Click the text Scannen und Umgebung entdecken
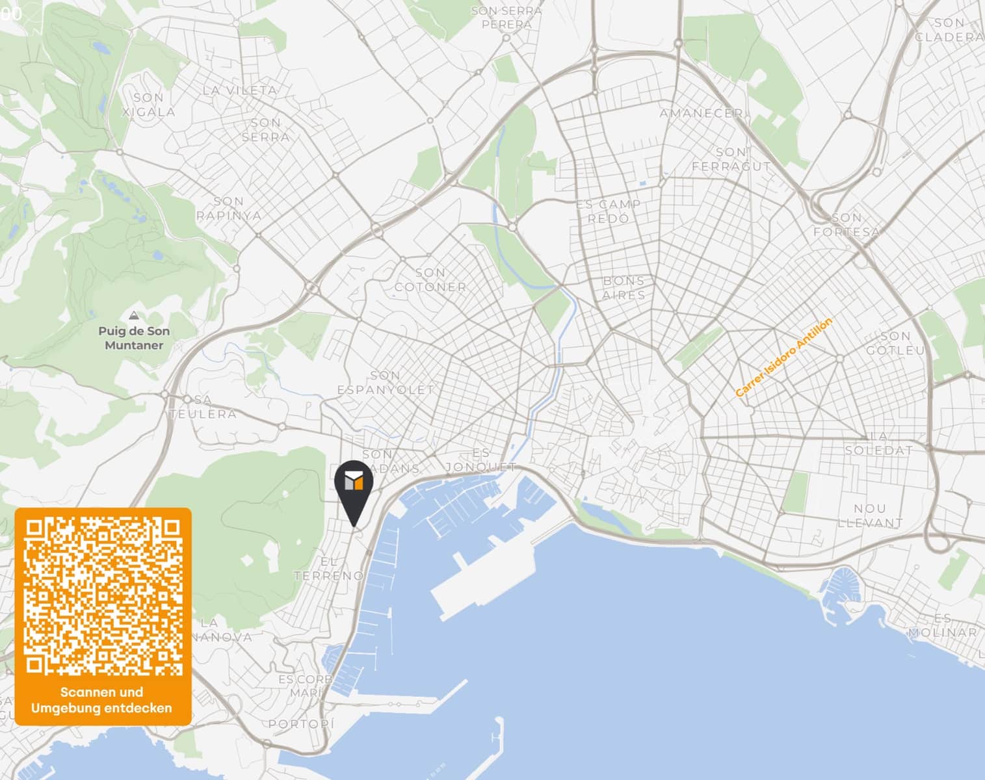point(102,700)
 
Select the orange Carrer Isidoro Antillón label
point(783,357)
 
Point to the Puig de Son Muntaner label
point(134,338)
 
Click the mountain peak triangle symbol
point(134,316)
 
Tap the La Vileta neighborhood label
point(239,90)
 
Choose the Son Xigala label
point(149,105)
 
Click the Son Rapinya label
point(229,209)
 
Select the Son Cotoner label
point(430,279)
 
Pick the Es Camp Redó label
point(609,211)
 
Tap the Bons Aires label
point(624,287)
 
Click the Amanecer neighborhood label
point(701,113)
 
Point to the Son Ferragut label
point(731,159)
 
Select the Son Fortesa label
point(847,224)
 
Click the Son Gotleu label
point(895,343)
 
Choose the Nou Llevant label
point(870,515)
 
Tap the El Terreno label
point(329,569)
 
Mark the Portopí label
point(301,724)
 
